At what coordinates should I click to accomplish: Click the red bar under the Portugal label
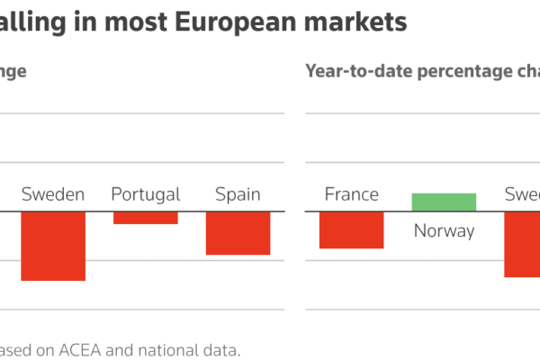tap(145, 218)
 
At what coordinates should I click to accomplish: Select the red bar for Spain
tap(238, 233)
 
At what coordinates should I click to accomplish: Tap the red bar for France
tap(351, 229)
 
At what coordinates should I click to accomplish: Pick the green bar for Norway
tap(444, 202)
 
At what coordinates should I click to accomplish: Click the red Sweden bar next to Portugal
tap(53, 246)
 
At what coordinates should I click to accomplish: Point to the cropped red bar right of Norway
tap(522, 244)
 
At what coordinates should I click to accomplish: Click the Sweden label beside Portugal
tap(53, 194)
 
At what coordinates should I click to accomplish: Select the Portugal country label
tap(145, 194)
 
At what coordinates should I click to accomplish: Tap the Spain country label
tap(238, 194)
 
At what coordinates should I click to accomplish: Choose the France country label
tap(351, 194)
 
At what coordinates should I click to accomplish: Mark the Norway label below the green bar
tap(444, 231)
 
